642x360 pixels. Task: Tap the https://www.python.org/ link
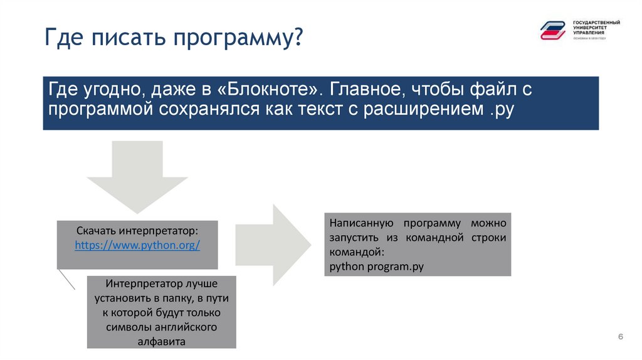tap(137, 245)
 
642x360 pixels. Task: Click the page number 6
tap(620, 337)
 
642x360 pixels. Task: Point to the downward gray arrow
tap(137, 176)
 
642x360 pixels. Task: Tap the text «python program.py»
tap(376, 267)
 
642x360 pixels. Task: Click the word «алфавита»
tap(161, 342)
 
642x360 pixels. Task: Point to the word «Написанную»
tap(360, 223)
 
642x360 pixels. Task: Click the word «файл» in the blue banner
tap(495, 90)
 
